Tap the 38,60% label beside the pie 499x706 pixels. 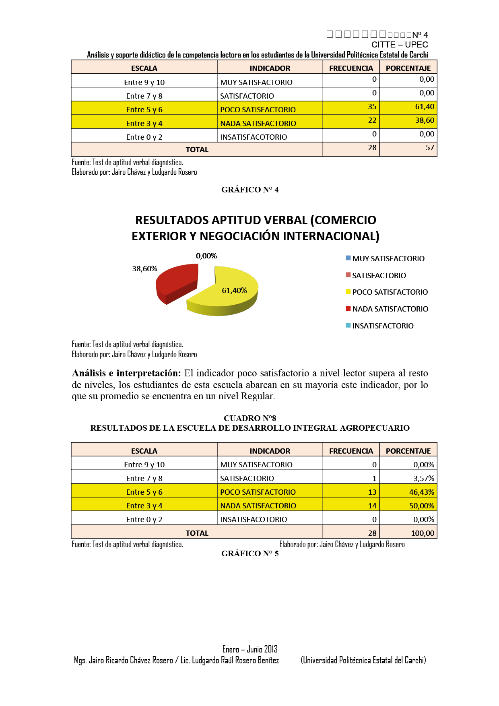pyautogui.click(x=144, y=269)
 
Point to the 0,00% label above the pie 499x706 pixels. pyautogui.click(x=206, y=256)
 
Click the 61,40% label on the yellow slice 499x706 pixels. pyautogui.click(x=234, y=291)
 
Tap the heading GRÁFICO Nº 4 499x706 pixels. pyautogui.click(x=249, y=190)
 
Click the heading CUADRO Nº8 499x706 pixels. pyautogui.click(x=249, y=418)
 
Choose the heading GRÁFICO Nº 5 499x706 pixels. pyautogui.click(x=249, y=554)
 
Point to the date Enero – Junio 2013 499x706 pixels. pyautogui.click(x=250, y=649)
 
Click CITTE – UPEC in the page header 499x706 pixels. pyautogui.click(x=399, y=45)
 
